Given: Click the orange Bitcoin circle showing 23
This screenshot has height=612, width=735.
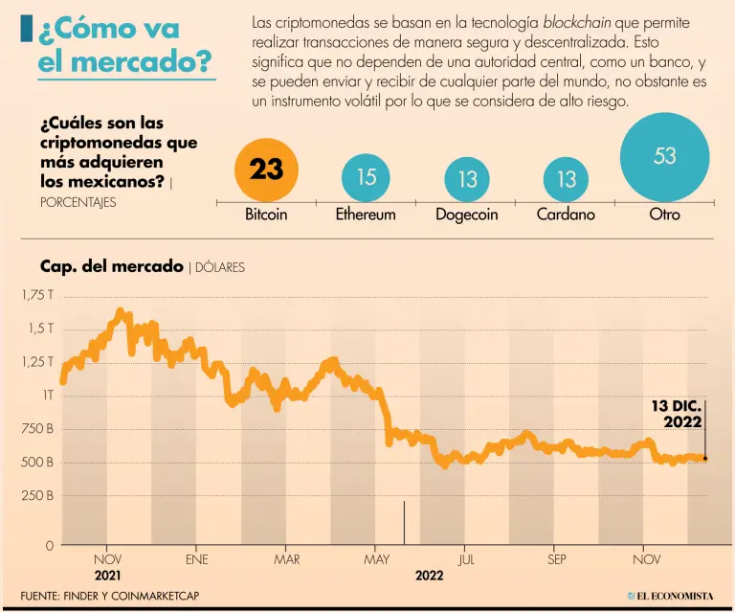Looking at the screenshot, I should coord(266,170).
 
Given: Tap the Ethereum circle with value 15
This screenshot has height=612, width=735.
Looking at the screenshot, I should coord(366,177).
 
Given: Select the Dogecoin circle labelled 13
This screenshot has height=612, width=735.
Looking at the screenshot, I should coord(467,179).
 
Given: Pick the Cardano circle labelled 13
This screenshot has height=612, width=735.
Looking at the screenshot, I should coord(566,179).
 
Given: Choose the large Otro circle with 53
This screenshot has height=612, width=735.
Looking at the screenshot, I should coord(664,157).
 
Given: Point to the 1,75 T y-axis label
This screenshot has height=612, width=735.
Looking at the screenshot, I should coord(37,295).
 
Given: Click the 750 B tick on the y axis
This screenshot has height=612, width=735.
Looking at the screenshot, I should coord(36,429).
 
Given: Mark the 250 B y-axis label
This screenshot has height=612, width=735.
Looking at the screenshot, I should coord(36,496).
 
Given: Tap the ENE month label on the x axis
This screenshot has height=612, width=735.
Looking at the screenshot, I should coord(197,559).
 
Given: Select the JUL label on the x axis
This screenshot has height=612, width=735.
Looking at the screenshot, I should coord(466,559).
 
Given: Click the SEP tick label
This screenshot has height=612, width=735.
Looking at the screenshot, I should coord(557,559).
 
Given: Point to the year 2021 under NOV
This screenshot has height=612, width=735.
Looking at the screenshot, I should coord(107,576).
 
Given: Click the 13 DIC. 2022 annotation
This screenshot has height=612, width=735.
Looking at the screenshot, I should coord(677,414).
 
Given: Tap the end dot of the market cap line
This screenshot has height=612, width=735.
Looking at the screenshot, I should coord(705,458).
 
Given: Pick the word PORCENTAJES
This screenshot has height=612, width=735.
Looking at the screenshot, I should coord(78,202).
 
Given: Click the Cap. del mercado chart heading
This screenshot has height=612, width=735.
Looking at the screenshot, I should coord(111,266).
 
